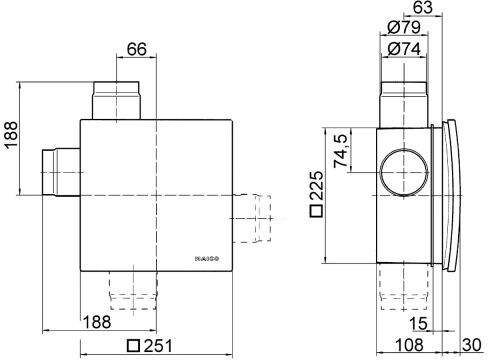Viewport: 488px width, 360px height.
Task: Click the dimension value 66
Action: point(137,49)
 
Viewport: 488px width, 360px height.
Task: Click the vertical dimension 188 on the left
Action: point(11,135)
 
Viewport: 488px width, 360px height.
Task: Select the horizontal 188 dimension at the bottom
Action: point(97,322)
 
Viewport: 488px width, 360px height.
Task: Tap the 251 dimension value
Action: point(158,346)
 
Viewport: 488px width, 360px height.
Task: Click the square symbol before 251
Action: point(134,346)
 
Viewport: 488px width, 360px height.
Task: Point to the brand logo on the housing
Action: point(207,258)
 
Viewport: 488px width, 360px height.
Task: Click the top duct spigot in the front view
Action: point(116,100)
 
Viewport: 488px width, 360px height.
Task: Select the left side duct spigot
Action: point(61,172)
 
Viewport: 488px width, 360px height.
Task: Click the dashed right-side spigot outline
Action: point(252,218)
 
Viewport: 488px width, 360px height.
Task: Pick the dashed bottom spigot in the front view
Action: point(133,290)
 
